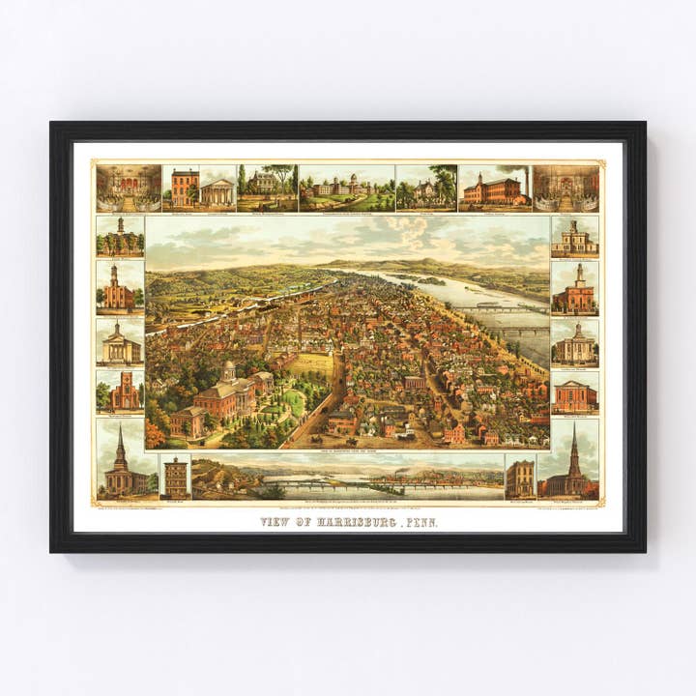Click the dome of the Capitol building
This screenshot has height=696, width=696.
pos(229,369)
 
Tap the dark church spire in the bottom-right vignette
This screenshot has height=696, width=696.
pos(573,447)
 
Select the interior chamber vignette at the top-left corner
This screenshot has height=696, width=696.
pos(129,188)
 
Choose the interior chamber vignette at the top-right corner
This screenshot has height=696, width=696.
pos(565,188)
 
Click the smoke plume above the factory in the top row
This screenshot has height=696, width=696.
pos(515,171)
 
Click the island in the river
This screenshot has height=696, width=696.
pos(425,280)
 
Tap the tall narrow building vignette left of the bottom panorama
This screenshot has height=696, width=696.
pos(175,478)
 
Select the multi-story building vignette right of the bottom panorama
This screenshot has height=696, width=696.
pos(519,478)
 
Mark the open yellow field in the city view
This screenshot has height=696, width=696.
pos(311,364)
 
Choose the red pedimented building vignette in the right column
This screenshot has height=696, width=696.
pos(574,393)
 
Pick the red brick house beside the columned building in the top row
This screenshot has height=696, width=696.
pos(185,188)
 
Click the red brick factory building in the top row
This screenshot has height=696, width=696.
pos(493,191)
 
